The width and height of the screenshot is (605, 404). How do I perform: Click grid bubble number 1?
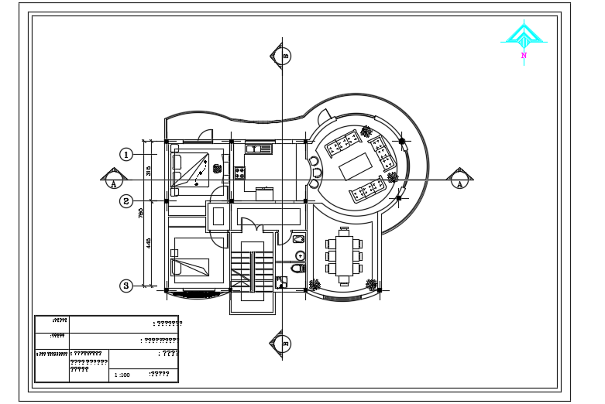point(126,154)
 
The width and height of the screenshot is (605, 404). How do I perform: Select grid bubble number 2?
point(126,201)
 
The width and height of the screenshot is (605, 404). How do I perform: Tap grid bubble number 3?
point(126,286)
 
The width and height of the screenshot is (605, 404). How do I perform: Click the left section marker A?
point(113,180)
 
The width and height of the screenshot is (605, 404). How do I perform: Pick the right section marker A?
point(460,180)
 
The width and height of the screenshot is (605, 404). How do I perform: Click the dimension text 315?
point(149,171)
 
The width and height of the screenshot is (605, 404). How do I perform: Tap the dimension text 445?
point(149,243)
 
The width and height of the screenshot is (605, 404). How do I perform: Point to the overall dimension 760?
point(140,214)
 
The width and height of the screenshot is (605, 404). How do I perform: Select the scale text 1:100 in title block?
point(122,375)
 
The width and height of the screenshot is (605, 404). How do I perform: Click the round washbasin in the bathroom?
point(300,255)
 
